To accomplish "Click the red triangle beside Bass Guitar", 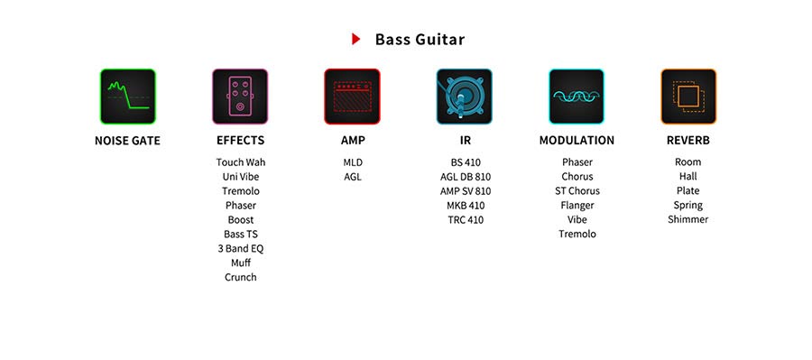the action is tap(355, 39).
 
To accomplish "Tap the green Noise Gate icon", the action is tap(128, 97).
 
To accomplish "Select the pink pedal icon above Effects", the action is tap(240, 97).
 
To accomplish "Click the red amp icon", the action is tap(352, 97).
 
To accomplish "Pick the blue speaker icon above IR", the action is tap(465, 97).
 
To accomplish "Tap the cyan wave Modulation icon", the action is tap(577, 97).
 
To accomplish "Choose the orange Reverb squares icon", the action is tap(688, 97).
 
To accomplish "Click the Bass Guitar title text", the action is tap(420, 40).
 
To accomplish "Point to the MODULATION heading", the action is tap(577, 141).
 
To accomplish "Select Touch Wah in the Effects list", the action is tap(241, 162).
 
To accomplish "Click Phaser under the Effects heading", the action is tap(241, 205).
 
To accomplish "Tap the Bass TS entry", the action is tap(241, 234).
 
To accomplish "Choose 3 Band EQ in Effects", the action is tap(241, 249).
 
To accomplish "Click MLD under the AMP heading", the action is tap(353, 162).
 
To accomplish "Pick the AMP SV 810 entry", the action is tap(466, 191).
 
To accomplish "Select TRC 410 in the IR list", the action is tap(466, 219).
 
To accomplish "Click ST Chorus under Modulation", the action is tap(577, 190).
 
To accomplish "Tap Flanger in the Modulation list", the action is tap(577, 205).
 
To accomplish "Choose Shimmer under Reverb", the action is tap(688, 219).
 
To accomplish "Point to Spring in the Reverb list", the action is tap(688, 205).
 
